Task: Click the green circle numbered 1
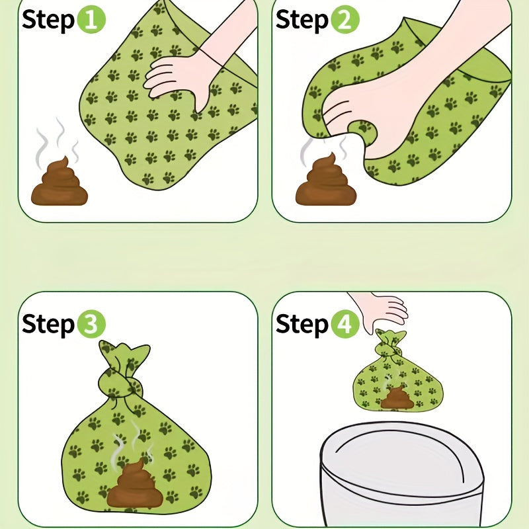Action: click(x=91, y=19)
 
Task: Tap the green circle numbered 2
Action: click(x=345, y=19)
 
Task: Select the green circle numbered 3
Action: click(x=91, y=323)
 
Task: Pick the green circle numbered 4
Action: click(x=345, y=323)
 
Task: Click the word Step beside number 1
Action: click(x=48, y=20)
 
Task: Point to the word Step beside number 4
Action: click(x=302, y=324)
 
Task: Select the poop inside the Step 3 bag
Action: click(x=135, y=483)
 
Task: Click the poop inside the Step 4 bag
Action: click(x=397, y=398)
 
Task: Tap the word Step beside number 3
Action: click(x=48, y=324)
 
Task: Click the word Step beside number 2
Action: click(x=302, y=20)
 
